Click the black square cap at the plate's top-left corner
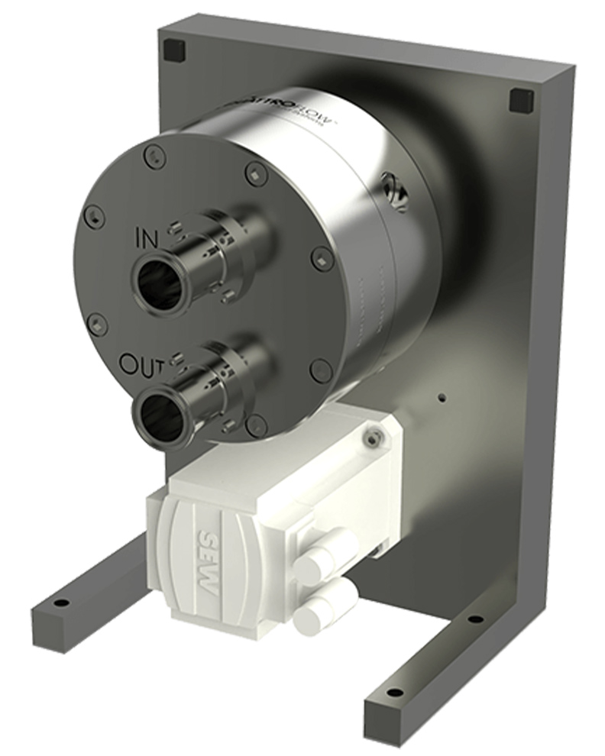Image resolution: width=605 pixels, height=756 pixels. (175, 50)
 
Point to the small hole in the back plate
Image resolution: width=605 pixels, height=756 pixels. (441, 397)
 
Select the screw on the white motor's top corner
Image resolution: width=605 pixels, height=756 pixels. (372, 437)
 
